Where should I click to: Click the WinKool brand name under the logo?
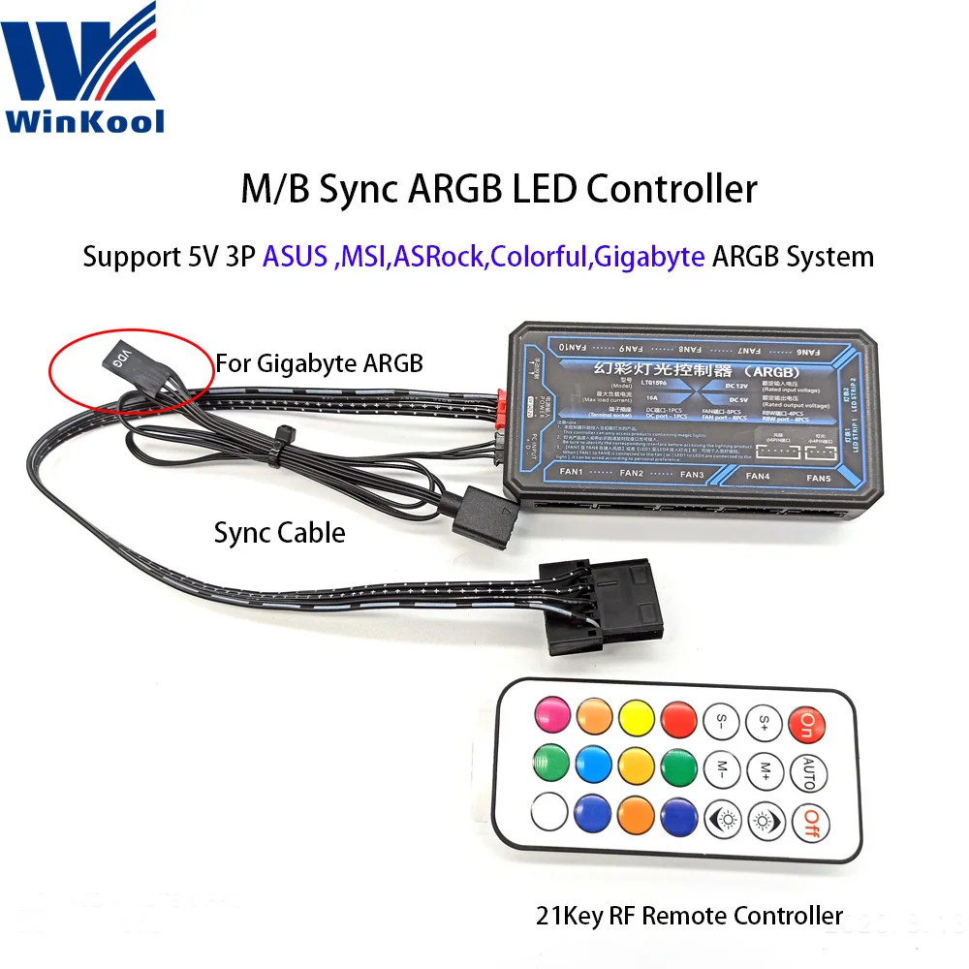click(x=85, y=120)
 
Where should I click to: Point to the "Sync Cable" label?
click(x=278, y=532)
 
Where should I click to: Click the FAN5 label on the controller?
click(x=819, y=478)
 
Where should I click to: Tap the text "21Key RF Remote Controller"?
click(x=691, y=914)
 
